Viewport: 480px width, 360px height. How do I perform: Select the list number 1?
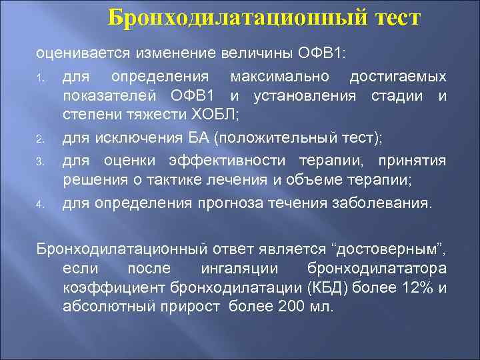[40, 79]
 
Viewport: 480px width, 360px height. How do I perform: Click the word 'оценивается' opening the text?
[74, 53]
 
